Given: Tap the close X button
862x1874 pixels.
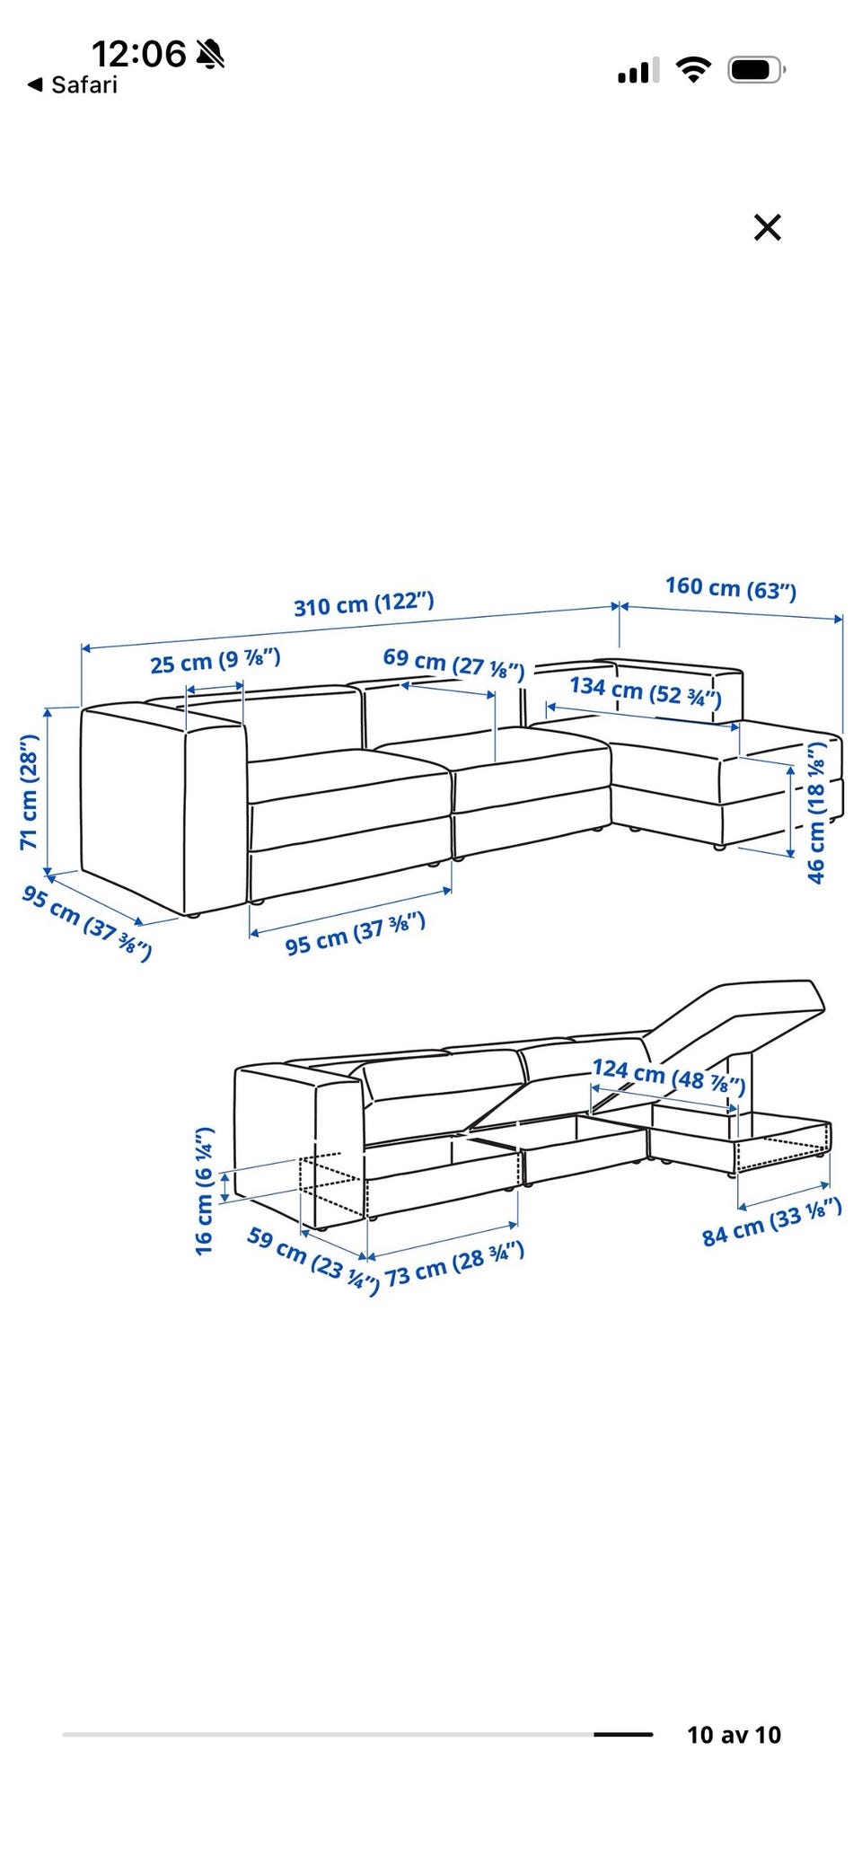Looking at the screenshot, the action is [768, 228].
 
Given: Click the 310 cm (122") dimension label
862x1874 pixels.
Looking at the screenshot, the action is [364, 604].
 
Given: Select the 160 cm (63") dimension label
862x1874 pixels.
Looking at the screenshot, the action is [731, 587].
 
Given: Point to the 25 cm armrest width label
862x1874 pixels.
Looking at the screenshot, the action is [215, 661].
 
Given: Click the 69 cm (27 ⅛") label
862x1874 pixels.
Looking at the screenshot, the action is [453, 663].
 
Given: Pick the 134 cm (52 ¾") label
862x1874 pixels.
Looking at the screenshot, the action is [646, 691].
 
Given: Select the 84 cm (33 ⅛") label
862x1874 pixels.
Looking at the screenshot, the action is [772, 1222].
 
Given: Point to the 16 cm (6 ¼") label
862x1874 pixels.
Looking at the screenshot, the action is [205, 1191].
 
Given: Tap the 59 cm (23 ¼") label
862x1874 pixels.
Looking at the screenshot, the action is [313, 1260].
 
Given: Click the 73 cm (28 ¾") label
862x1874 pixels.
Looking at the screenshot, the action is [454, 1264].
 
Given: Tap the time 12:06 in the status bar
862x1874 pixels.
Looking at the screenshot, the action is [139, 54].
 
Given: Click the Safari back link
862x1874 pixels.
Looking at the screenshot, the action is [73, 85].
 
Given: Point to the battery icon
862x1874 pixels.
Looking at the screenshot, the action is [757, 69].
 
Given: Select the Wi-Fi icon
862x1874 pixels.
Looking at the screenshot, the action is [693, 69].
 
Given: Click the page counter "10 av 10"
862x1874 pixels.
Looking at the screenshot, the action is [734, 1735].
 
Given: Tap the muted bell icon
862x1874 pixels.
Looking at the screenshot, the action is [211, 54].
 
